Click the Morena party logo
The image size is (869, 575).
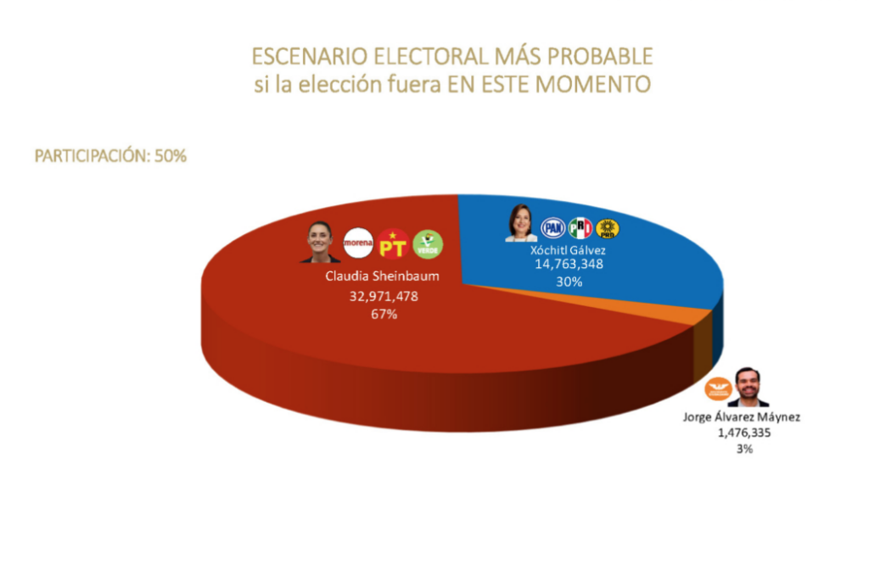pos(359,243)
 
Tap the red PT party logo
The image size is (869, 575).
pos(394,243)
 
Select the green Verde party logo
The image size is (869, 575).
pos(428,243)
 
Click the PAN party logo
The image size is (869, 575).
pos(553,227)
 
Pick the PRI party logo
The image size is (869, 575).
pos(580,227)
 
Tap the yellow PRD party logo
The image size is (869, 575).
pos(607,227)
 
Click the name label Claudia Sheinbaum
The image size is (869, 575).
pos(373,276)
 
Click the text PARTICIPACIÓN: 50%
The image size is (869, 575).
pos(110,157)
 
